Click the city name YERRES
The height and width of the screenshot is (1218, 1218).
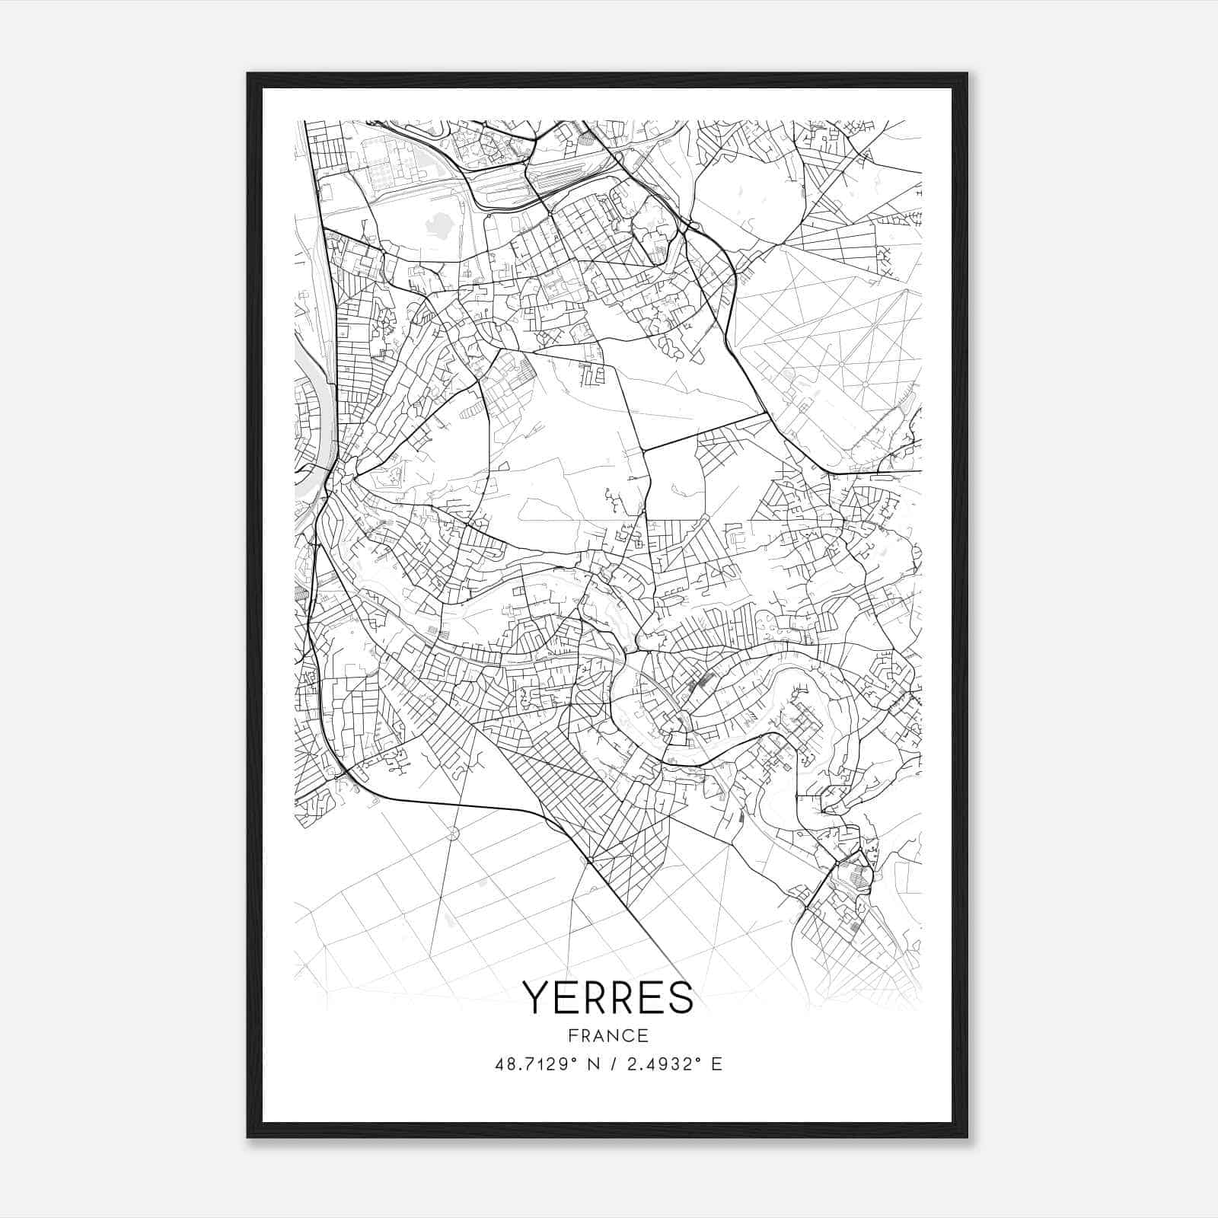pos(608,997)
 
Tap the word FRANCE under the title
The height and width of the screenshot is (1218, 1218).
pos(608,1035)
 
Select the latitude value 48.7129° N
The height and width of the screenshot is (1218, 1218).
pos(541,1064)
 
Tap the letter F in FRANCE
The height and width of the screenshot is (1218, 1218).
pos(572,1035)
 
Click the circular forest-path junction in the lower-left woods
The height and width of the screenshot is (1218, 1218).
pos(454,834)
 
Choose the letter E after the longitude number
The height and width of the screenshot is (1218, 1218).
pos(716,1064)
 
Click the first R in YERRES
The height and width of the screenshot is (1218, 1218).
pos(593,997)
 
